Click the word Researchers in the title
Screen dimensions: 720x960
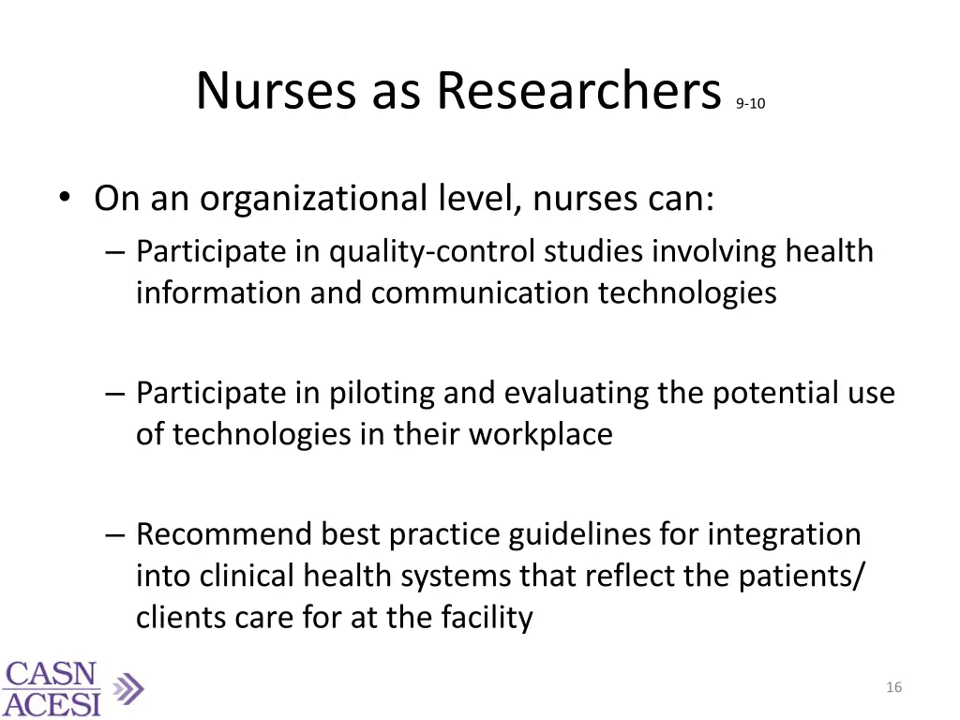coord(577,91)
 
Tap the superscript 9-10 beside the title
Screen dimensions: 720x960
coord(750,104)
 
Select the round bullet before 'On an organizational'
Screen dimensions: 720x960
coord(63,198)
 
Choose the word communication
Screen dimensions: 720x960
coord(482,292)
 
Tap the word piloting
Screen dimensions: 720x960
coord(382,393)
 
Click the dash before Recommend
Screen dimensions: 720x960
coord(115,533)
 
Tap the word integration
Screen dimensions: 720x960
coord(784,533)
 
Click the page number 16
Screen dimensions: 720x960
coord(893,688)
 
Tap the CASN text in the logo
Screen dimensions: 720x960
coord(51,675)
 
